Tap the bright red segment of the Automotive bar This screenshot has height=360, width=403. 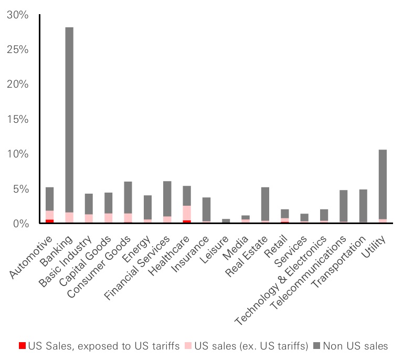49,221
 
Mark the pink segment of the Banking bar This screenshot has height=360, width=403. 69,217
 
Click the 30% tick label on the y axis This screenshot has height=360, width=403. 18,15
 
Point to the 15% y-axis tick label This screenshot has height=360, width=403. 18,119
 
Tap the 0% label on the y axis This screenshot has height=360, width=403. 21,224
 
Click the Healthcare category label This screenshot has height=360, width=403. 172,253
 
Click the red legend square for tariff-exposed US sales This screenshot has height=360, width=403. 22,346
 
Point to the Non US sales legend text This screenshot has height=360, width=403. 355,346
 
